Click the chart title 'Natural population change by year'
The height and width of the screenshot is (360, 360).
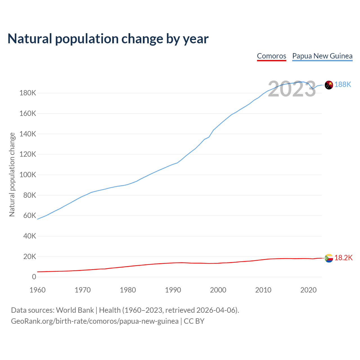(108, 39)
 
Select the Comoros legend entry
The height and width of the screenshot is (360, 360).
(271, 56)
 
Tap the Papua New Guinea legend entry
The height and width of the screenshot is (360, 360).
(322, 56)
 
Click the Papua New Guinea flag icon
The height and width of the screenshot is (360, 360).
(329, 85)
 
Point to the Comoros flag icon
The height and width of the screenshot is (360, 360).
(329, 258)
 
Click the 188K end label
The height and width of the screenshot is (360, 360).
(343, 84)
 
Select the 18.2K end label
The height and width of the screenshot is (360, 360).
(343, 258)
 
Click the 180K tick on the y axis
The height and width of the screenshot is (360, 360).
(28, 93)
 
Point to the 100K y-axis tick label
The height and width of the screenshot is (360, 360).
(28, 175)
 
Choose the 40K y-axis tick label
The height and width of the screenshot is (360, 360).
(30, 236)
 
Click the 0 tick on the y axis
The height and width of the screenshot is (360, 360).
(34, 277)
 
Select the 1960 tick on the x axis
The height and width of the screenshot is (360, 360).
(37, 290)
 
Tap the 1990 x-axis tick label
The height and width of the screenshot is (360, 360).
(173, 290)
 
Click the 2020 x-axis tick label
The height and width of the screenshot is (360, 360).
(309, 290)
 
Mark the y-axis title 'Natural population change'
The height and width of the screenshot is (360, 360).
(12, 175)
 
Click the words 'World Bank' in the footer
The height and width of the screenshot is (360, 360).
(75, 310)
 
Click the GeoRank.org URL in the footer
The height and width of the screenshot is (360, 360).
(95, 321)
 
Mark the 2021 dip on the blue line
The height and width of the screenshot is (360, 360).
(313, 89)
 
